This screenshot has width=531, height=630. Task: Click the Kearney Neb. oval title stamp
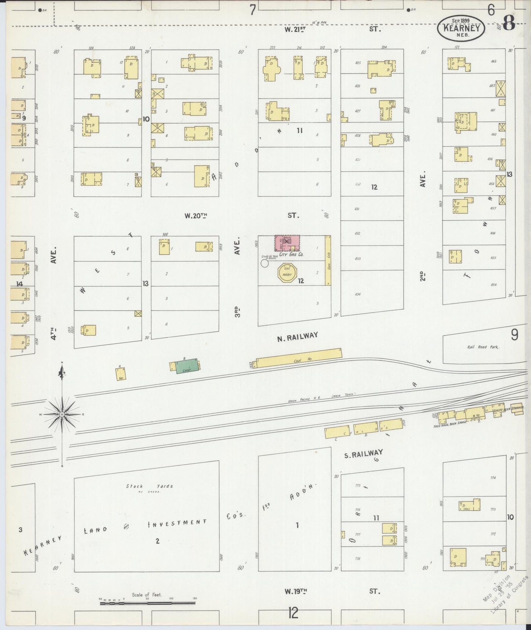pos(461,28)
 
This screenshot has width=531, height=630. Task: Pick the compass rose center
pos(62,414)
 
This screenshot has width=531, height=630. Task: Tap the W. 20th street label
pos(195,216)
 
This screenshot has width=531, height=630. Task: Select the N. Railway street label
pos(297,335)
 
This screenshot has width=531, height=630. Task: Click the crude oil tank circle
pos(264,263)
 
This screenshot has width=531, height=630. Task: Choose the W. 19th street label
pos(296,591)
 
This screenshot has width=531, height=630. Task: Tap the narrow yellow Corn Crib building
pos(327,260)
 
